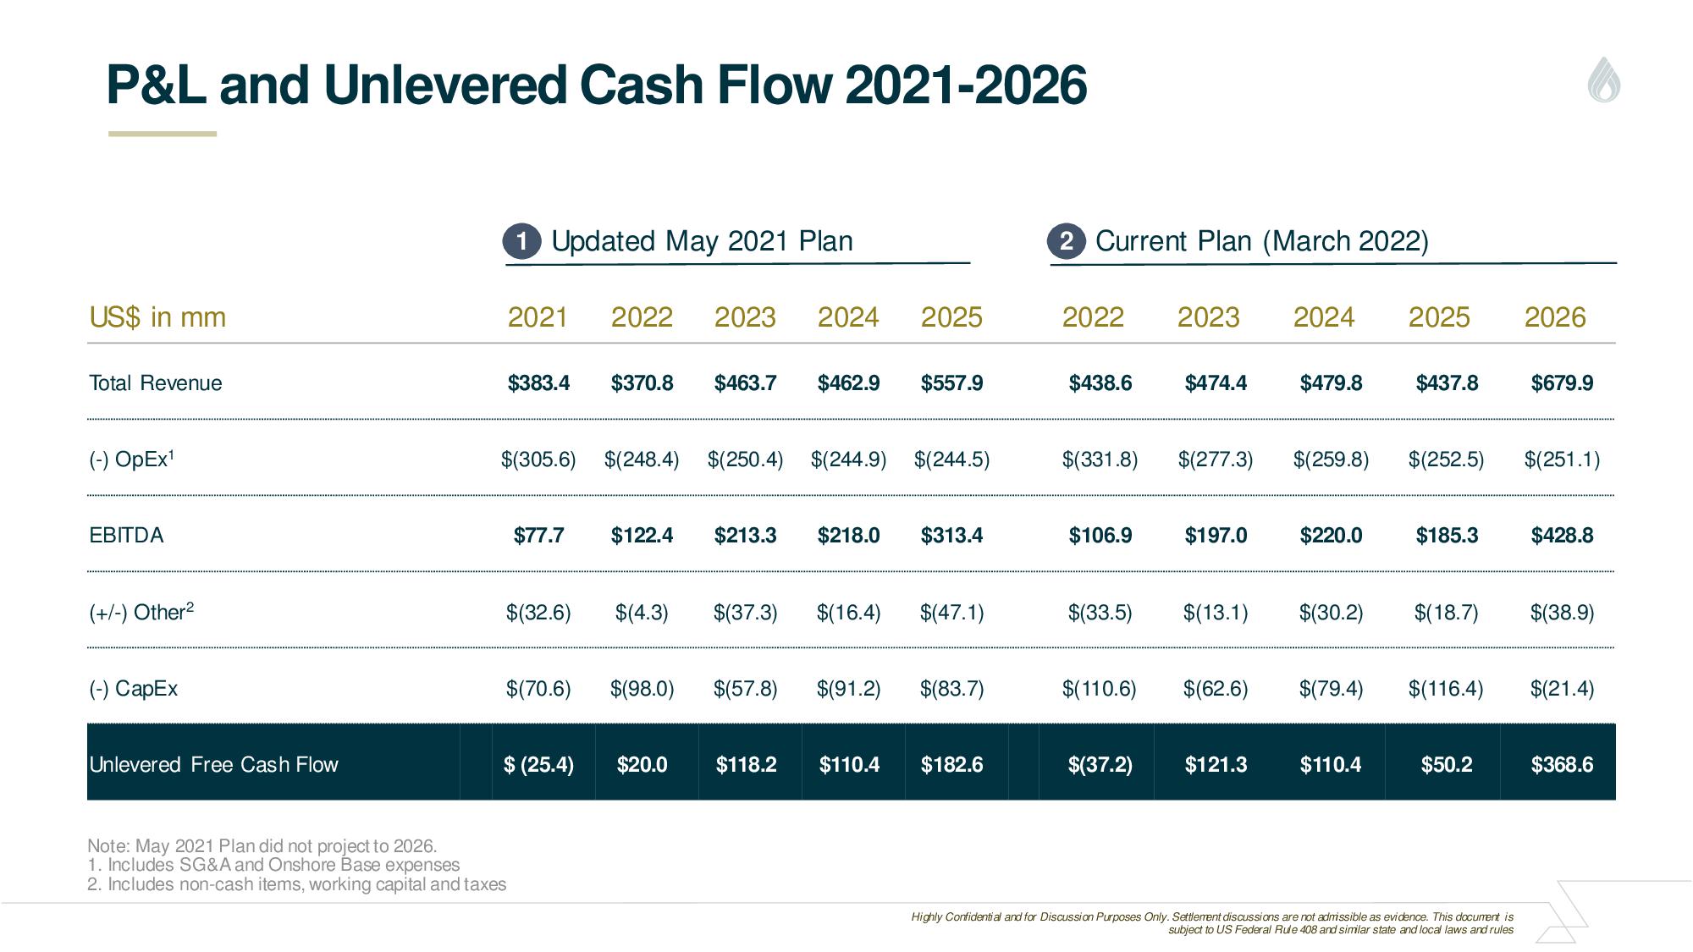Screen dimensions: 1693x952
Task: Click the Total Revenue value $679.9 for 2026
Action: pos(1562,383)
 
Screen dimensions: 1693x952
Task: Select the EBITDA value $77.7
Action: pos(538,536)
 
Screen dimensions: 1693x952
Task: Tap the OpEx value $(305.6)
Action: pos(538,459)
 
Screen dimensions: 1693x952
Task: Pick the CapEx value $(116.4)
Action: pos(1446,689)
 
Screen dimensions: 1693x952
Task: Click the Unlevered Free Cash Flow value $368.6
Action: pos(1562,765)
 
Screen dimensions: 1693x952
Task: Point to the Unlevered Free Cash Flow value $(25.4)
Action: pos(538,765)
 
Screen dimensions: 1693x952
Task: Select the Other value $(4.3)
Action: pos(642,613)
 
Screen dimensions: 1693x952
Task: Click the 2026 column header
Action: pos(1555,317)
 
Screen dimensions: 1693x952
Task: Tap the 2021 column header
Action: pos(538,317)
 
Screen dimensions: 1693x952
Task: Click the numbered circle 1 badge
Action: pos(521,242)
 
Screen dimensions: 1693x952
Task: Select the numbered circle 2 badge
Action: pos(1066,242)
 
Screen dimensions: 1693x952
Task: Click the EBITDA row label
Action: pos(126,536)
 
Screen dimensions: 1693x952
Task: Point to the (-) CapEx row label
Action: pos(134,689)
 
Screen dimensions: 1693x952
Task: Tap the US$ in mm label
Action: pos(157,317)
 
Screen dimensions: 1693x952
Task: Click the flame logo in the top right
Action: pos(1604,80)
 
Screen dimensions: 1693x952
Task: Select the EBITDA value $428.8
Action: pos(1562,536)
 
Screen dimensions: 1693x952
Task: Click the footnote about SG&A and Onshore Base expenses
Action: pos(273,865)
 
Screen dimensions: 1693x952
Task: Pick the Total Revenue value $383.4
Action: pos(538,383)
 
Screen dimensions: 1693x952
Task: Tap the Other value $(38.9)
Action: pos(1562,613)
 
